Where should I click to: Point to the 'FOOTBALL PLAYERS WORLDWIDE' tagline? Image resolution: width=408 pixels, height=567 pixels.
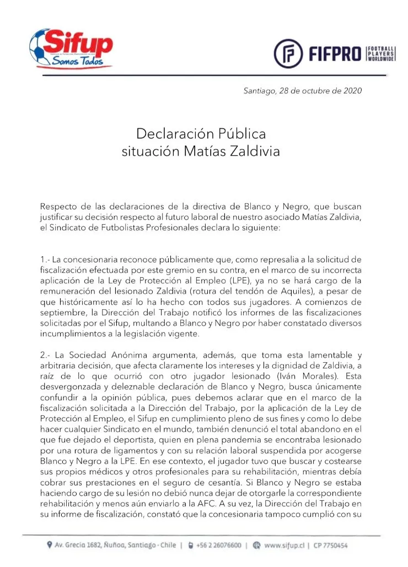point(382,53)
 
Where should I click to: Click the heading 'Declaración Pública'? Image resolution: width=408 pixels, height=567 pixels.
point(201,134)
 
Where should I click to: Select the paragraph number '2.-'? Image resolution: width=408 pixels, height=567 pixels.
point(46,354)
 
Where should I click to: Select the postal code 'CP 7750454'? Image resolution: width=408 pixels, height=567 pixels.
point(339,545)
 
